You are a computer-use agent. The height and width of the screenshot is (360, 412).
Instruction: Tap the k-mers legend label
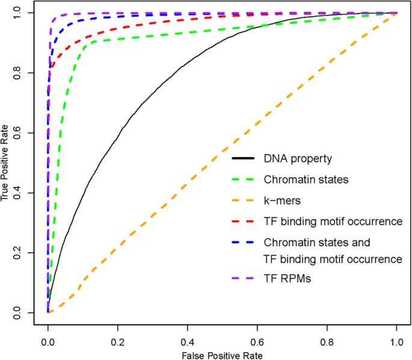pyautogui.click(x=281, y=200)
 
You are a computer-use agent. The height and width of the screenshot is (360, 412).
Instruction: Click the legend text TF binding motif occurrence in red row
pyautogui.click(x=332, y=222)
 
